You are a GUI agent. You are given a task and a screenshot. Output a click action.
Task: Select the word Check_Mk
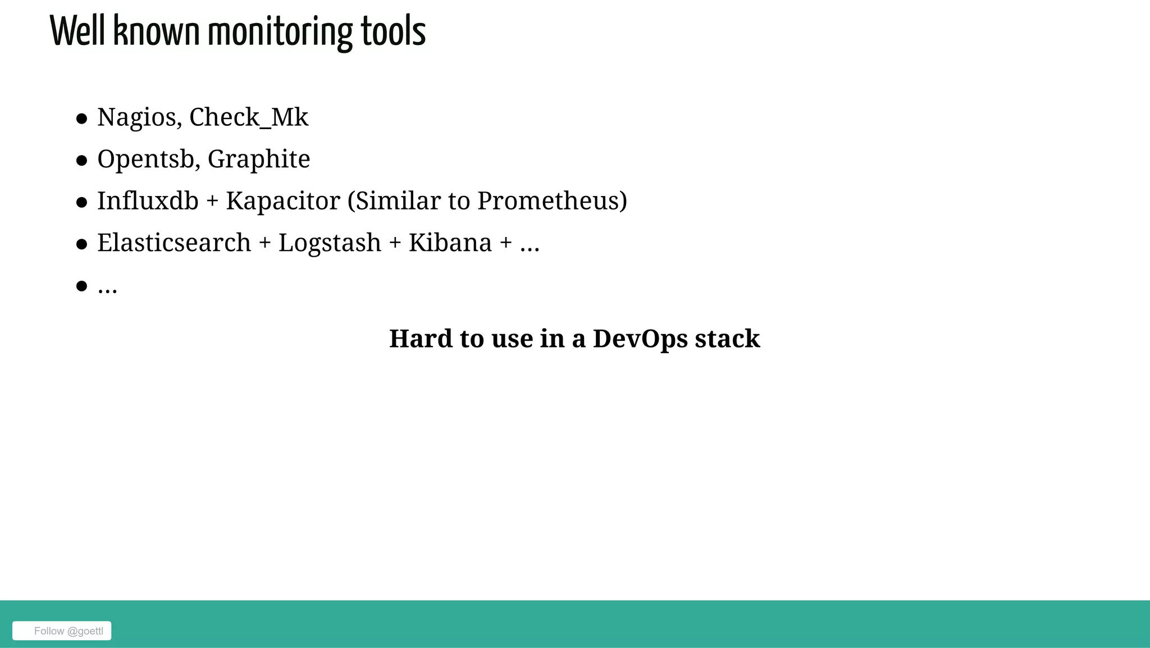coord(249,118)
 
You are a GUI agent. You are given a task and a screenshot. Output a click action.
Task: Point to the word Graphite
coord(259,159)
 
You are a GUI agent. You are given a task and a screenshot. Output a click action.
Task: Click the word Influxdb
coord(148,201)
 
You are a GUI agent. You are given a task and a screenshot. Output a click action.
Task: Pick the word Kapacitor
coord(283,201)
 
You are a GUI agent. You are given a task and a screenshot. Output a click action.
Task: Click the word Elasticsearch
coord(174,243)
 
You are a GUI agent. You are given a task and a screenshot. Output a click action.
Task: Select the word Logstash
coord(330,243)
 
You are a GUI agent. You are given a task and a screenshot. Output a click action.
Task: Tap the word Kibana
coord(450,243)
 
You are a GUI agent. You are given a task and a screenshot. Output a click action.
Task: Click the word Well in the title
coord(77,32)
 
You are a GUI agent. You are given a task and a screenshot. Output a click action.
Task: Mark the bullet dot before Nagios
coord(82,119)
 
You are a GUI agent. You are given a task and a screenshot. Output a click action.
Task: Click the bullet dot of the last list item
coord(82,286)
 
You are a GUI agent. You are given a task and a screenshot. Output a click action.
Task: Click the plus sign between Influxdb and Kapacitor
coord(212,202)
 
